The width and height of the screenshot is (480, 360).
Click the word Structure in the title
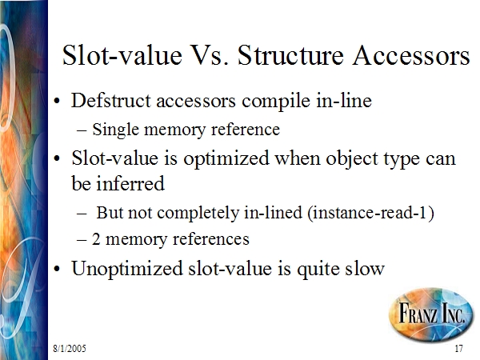pyautogui.click(x=290, y=55)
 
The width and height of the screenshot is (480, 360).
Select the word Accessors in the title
pyautogui.click(x=411, y=55)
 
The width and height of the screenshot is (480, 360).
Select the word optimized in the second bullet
pyautogui.click(x=226, y=159)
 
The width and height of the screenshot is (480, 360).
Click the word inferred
pyautogui.click(x=130, y=184)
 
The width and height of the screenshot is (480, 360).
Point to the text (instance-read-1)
pyautogui.click(x=370, y=213)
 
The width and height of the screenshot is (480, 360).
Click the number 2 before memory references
pyautogui.click(x=96, y=239)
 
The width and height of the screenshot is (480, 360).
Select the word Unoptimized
pyautogui.click(x=127, y=269)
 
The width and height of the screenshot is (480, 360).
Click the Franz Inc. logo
pyautogui.click(x=431, y=314)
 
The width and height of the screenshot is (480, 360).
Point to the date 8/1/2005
pyautogui.click(x=70, y=349)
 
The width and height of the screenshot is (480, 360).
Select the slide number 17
pyautogui.click(x=458, y=349)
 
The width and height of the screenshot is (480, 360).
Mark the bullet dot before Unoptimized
pyautogui.click(x=57, y=269)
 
